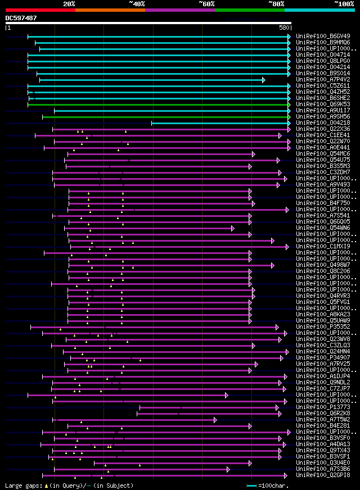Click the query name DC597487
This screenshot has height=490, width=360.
[x=21, y=18]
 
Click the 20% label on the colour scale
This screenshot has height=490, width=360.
[x=69, y=3]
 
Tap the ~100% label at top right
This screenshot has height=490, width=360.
[x=344, y=3]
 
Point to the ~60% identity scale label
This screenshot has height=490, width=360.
[x=206, y=3]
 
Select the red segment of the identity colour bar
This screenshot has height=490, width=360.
[x=40, y=10]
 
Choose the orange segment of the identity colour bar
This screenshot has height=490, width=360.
[x=110, y=10]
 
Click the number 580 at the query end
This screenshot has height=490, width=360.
[x=284, y=27]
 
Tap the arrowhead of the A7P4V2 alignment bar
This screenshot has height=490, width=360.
[x=263, y=80]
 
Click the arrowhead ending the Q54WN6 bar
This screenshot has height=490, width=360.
[x=232, y=228]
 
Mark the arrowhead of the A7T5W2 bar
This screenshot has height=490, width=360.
[x=215, y=420]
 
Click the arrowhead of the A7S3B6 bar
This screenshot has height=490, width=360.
[x=228, y=469]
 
